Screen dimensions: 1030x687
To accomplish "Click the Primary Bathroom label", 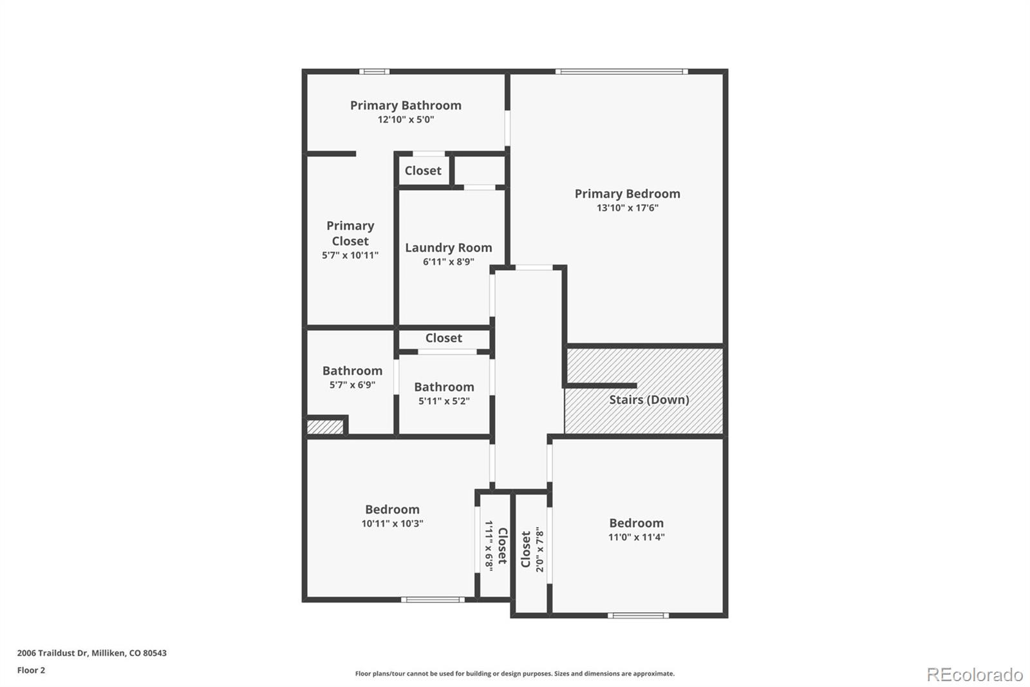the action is coord(406,106).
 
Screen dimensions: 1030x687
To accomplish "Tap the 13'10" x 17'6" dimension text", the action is coord(627,208).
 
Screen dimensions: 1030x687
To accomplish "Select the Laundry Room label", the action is coord(448,247).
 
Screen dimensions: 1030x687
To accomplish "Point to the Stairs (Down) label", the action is coord(649,400).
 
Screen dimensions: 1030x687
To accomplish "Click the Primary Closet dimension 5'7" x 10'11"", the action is coord(350,255).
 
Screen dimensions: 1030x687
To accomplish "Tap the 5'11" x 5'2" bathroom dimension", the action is coord(444,401).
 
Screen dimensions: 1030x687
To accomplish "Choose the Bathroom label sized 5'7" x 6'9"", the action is coord(352,371).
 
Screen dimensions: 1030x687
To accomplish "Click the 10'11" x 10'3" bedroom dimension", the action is coord(392,523).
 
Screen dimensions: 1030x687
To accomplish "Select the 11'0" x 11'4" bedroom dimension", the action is coord(637,537).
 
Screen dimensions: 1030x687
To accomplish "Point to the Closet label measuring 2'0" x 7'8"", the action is coord(525,549).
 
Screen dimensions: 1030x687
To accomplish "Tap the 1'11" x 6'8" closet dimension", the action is coord(489,546).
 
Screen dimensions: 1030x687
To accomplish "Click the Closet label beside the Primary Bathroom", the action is coord(422,171).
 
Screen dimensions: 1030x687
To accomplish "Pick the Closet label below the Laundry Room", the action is coord(444,338).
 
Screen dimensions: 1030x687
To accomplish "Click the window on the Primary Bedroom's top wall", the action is coord(622,72).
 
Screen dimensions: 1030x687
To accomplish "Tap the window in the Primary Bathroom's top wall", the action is coord(374,72).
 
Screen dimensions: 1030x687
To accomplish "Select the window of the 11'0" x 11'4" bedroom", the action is coord(638,615).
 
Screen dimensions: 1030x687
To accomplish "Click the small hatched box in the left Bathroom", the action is coord(324,427).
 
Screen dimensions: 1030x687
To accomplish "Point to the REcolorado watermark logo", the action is coord(975,675).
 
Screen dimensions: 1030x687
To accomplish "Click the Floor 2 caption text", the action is coord(32,670).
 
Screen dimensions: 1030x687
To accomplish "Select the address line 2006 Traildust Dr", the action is coord(92,653).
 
